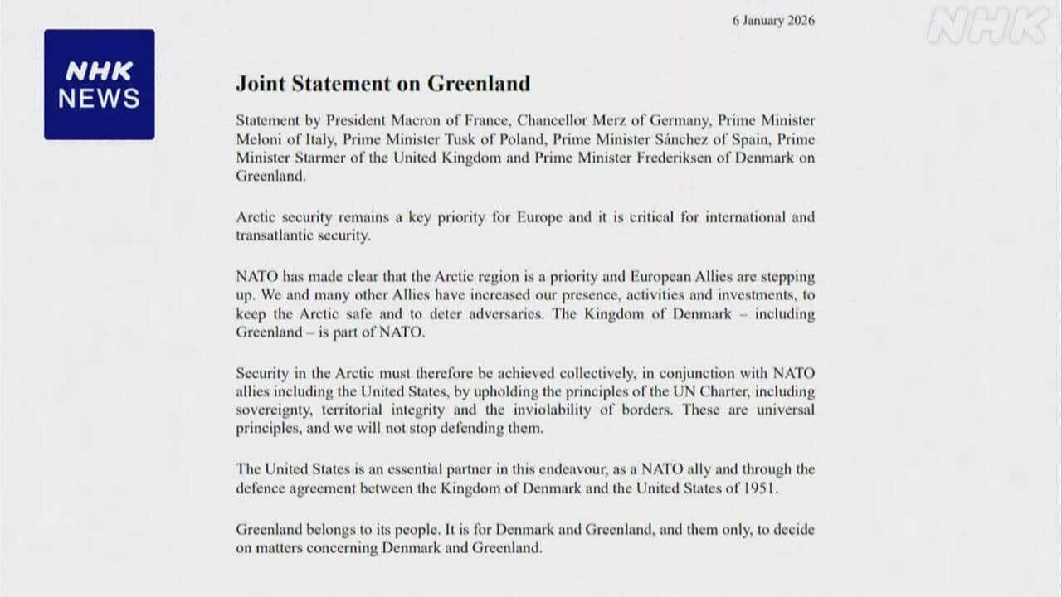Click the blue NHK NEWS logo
99,85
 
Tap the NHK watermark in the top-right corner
987,27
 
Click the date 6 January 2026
773,21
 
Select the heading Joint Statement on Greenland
382,83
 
